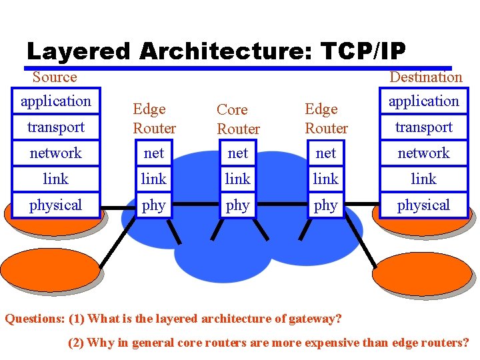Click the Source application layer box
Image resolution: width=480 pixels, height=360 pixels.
click(x=56, y=101)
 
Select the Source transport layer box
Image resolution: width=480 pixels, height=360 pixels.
click(x=56, y=127)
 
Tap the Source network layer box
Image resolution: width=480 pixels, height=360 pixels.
click(x=56, y=153)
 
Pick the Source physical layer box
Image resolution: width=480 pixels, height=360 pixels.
click(x=56, y=205)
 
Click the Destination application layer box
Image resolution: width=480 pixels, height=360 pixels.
click(x=424, y=101)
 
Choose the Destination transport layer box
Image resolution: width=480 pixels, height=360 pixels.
click(x=424, y=127)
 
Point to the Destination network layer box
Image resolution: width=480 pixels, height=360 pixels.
click(x=424, y=153)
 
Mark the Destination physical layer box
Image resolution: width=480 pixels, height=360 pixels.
click(x=424, y=205)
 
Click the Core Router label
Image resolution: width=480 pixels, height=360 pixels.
click(x=238, y=119)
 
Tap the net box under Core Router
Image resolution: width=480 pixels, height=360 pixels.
click(x=238, y=153)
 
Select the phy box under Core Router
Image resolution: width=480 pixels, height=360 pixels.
click(x=238, y=205)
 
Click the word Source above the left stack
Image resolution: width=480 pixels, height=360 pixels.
click(x=55, y=77)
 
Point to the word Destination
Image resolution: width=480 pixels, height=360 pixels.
click(x=425, y=77)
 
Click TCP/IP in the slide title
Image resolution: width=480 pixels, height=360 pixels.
click(x=363, y=51)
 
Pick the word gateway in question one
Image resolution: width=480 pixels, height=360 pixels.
click(x=316, y=319)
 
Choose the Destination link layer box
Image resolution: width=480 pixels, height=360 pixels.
click(x=424, y=179)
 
